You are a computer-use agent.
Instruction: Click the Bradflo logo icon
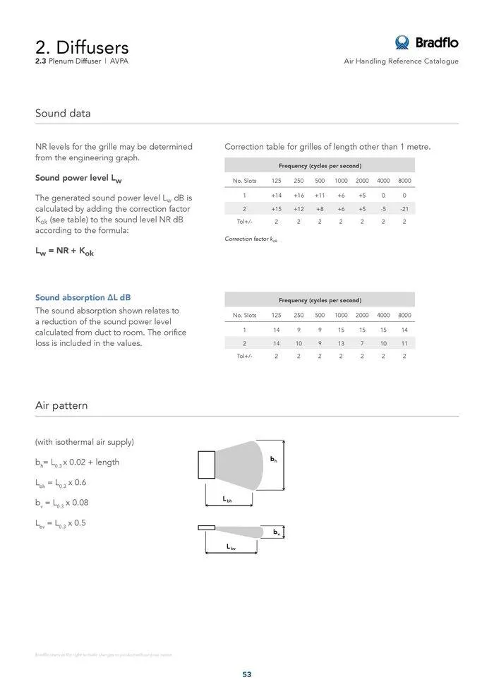[402, 42]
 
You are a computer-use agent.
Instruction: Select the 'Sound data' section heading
[63, 113]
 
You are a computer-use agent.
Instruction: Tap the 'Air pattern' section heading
[61, 405]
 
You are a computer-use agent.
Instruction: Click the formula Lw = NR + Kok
[64, 252]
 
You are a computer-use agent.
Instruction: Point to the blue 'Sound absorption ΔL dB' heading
[83, 298]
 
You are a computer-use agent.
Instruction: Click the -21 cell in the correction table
[404, 209]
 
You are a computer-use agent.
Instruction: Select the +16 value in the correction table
[299, 196]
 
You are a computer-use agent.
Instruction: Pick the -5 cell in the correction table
[383, 209]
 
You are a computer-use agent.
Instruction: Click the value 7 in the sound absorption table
[362, 343]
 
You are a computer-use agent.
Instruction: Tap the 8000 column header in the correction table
[404, 181]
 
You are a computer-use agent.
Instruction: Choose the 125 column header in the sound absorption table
[276, 315]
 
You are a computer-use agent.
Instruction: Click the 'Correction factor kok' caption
[251, 240]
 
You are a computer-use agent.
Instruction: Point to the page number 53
[247, 674]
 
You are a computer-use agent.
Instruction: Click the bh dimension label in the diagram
[274, 460]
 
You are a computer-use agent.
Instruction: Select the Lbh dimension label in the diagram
[227, 499]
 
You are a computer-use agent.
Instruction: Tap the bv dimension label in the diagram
[277, 531]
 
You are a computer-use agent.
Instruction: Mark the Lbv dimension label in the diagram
[231, 547]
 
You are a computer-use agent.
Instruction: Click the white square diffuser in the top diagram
[207, 465]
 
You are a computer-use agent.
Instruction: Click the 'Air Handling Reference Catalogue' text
[401, 61]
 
